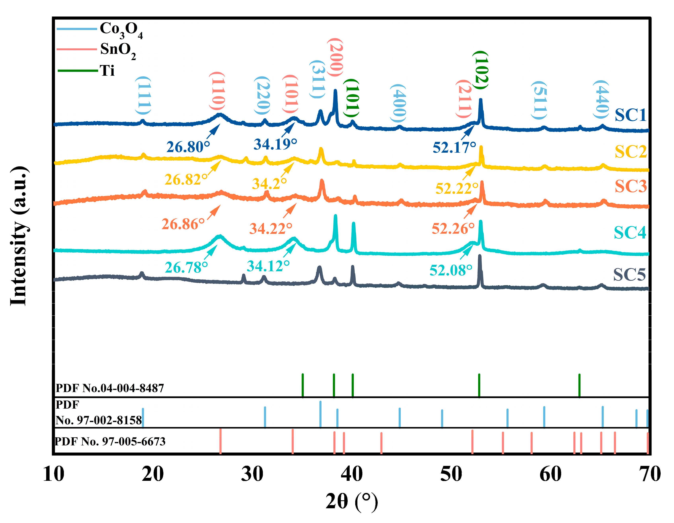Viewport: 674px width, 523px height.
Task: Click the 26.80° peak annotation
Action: click(188, 147)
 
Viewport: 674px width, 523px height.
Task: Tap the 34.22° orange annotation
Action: click(271, 229)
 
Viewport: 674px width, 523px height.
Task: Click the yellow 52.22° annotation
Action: click(457, 188)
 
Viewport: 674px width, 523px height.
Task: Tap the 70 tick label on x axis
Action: click(650, 474)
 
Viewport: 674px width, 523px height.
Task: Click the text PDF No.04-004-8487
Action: click(110, 388)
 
